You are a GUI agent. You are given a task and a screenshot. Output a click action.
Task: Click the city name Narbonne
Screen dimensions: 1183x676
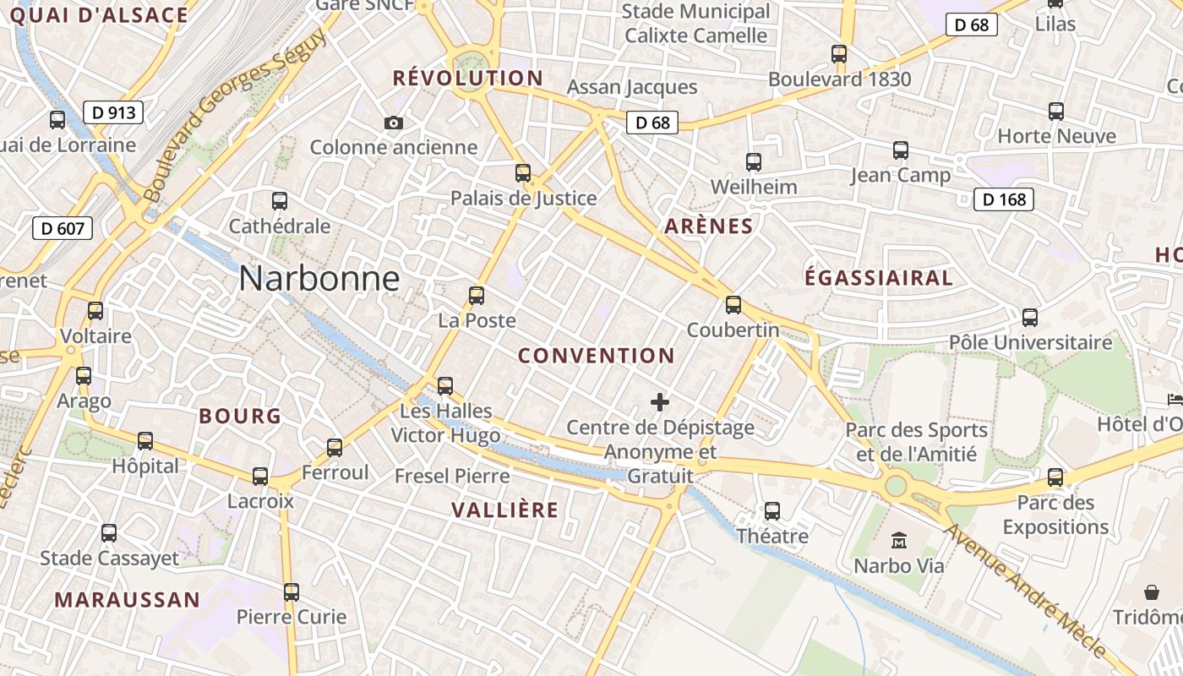(x=319, y=278)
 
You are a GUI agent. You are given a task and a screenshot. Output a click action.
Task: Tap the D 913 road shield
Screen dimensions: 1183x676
(x=113, y=112)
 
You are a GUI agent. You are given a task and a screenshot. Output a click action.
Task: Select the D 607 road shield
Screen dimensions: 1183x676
(x=63, y=228)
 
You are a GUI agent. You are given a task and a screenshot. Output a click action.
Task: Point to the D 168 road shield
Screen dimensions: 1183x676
(x=1004, y=199)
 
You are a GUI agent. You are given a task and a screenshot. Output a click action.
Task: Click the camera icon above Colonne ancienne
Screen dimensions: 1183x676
(x=393, y=123)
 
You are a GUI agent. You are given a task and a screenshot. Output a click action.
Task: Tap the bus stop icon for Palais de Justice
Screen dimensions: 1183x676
(x=523, y=173)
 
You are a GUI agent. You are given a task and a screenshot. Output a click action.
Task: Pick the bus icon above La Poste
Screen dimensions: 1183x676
(x=477, y=296)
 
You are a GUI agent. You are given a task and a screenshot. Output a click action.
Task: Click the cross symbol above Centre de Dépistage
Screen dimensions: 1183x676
(x=660, y=402)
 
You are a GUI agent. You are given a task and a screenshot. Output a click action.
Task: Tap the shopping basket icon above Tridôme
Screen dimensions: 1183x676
(x=1151, y=591)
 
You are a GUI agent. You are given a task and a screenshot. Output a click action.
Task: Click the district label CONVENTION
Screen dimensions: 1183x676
(x=597, y=356)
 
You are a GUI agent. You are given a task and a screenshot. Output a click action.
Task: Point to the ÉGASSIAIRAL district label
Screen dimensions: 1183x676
(x=878, y=278)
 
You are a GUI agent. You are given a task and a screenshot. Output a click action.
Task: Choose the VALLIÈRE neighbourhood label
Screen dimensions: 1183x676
(x=504, y=510)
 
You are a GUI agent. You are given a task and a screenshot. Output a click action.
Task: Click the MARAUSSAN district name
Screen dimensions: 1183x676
(x=128, y=600)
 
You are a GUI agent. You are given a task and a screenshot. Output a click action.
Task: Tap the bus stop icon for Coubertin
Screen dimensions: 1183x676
(x=733, y=305)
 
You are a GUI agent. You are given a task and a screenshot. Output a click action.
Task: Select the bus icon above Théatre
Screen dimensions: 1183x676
(x=772, y=511)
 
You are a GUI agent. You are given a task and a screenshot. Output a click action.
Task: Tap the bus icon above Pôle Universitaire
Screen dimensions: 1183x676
(x=1030, y=318)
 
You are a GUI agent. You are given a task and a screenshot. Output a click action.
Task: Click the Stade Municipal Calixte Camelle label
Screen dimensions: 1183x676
(x=696, y=24)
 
